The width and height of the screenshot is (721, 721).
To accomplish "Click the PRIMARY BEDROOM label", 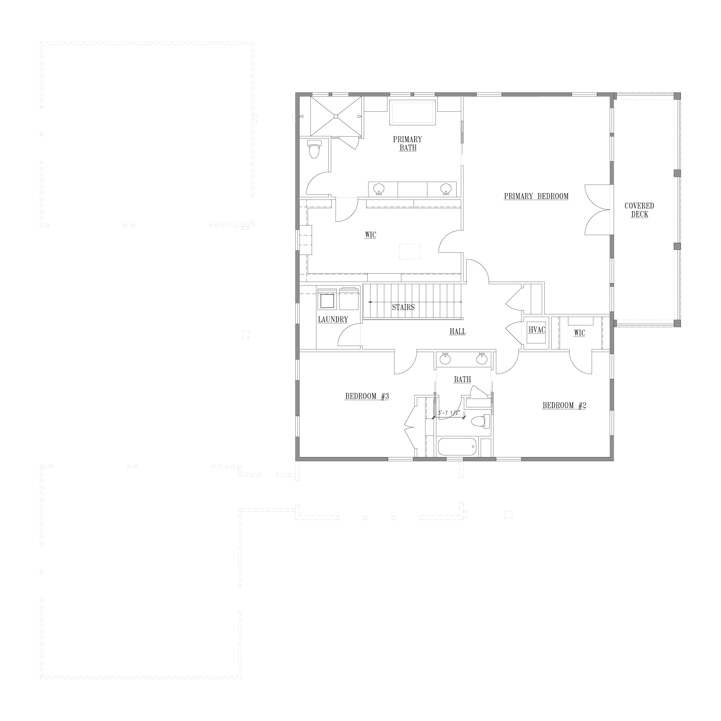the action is pos(536,196).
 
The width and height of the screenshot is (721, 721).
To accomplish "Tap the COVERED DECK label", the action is pos(639,210).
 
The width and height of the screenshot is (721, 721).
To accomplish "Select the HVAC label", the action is pos(537,330).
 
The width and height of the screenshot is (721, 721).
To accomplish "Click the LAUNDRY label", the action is pos(333,320).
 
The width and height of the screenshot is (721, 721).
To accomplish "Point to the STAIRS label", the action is pos(403,307).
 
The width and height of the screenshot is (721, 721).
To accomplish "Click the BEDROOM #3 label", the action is pos(367,397).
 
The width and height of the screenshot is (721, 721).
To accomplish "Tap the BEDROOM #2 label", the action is pos(564,405).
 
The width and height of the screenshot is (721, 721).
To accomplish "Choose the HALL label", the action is pos(457,332).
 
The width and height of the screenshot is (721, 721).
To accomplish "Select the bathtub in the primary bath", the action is pos(413,113).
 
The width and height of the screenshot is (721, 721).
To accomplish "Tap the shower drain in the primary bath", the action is pos(336,116).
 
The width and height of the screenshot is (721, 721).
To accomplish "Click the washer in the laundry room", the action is pos(328,299).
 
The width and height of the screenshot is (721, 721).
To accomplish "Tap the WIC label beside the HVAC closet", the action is pos(579,333).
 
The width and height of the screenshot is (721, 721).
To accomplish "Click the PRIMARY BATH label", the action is pos(407,143).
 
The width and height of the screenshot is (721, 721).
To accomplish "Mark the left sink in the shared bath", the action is pos(445,359).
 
